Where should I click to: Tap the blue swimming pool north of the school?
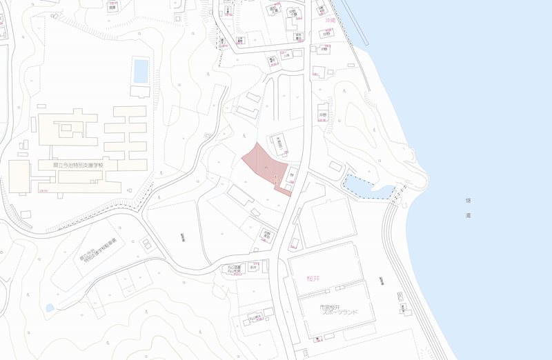click(141, 70)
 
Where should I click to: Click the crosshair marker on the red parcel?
click(277, 179)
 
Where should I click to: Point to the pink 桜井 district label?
click(315, 278)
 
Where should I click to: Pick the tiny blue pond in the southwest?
click(49, 308)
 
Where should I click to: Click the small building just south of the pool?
click(140, 91)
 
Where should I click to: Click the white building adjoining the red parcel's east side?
click(292, 177)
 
